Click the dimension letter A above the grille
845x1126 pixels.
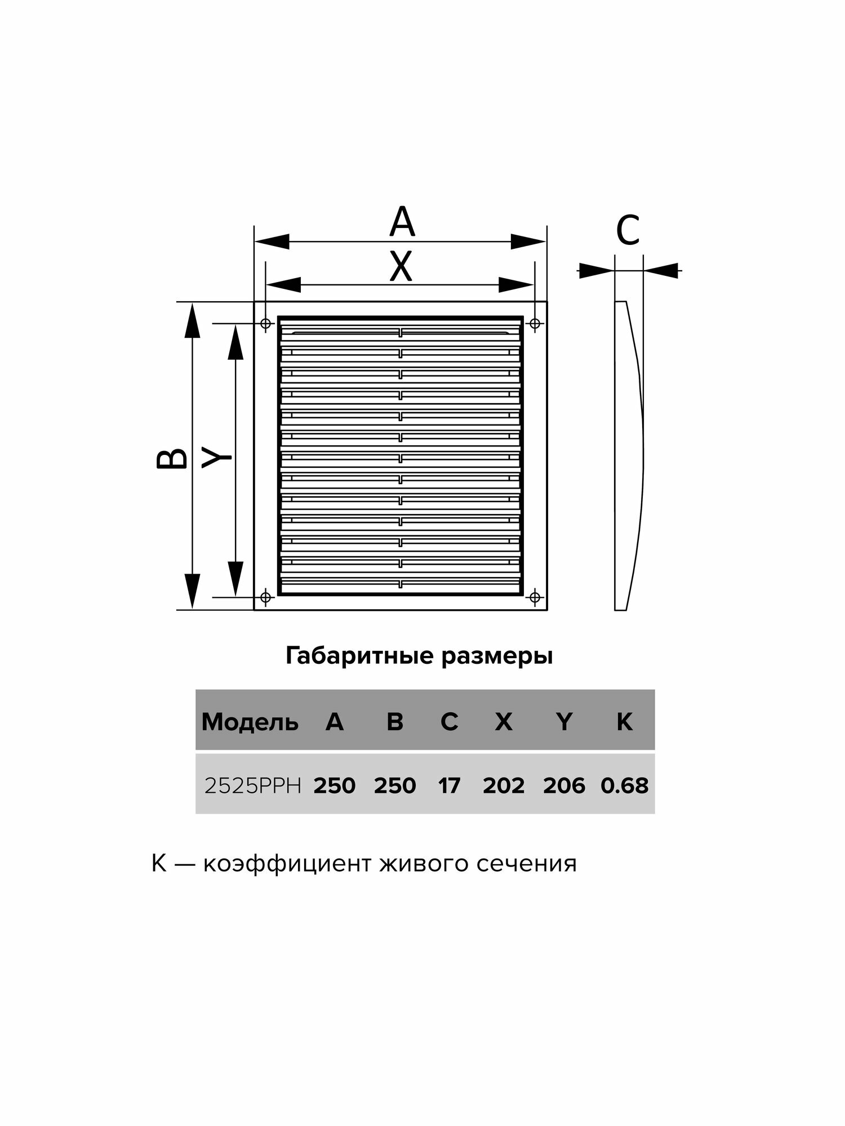(x=402, y=222)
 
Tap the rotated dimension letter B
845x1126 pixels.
(x=172, y=458)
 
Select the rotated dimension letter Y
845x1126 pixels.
(x=217, y=458)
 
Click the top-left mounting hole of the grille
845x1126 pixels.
(x=266, y=324)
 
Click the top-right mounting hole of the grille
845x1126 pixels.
(x=535, y=324)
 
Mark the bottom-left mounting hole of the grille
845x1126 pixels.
(x=266, y=596)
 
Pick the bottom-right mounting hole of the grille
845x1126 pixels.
(x=535, y=596)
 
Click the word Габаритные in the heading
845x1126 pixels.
(x=360, y=656)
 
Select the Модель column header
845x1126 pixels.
(x=250, y=722)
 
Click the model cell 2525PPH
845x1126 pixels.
(x=253, y=786)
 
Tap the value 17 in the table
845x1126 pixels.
(x=449, y=786)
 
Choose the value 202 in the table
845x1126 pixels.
(x=504, y=786)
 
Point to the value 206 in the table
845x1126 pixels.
(x=564, y=786)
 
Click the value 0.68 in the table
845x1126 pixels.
(x=624, y=786)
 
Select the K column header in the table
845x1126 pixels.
(x=624, y=722)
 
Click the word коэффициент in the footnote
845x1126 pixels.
(x=286, y=864)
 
